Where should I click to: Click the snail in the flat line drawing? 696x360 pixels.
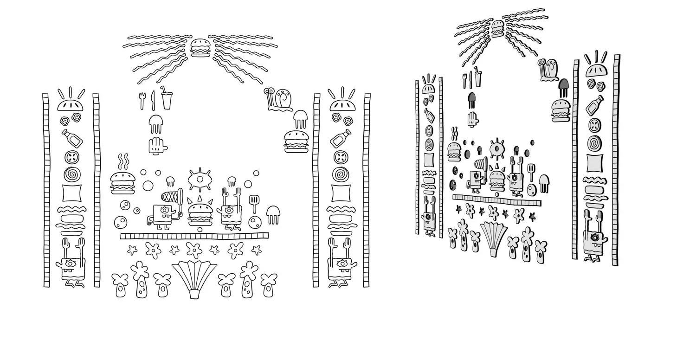[278, 99]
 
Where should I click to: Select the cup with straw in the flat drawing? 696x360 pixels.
[166, 98]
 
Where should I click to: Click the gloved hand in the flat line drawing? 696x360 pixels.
[156, 146]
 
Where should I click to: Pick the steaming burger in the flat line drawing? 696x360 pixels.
[122, 182]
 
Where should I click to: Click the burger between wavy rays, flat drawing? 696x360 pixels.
[200, 47]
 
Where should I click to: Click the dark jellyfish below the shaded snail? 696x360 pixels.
[563, 87]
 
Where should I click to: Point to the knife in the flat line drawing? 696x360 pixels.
[152, 100]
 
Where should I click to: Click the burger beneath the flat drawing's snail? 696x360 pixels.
[296, 141]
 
